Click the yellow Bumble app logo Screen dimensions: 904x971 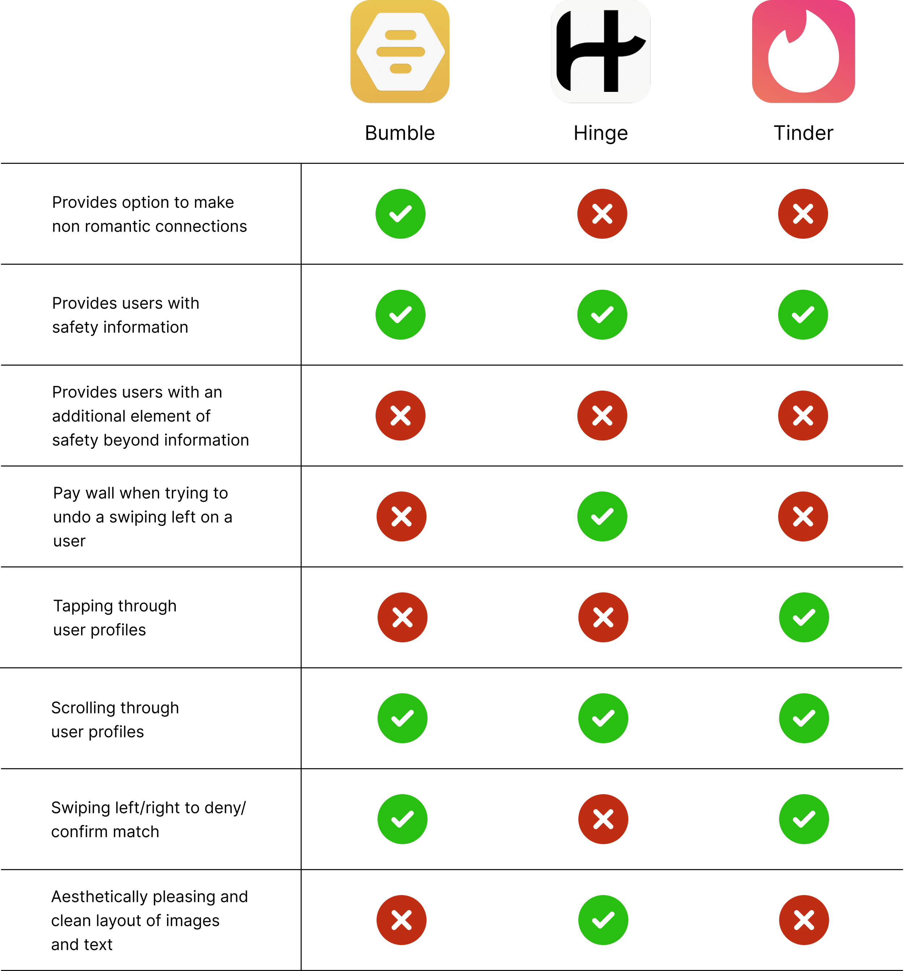click(400, 51)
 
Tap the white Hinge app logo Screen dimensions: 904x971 click(601, 51)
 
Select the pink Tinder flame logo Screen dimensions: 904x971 click(803, 51)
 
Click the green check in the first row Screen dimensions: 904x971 click(401, 213)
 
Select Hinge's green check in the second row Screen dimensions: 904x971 click(602, 315)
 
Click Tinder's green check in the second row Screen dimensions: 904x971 click(803, 315)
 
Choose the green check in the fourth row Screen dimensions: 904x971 click(602, 516)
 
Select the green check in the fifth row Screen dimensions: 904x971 click(804, 617)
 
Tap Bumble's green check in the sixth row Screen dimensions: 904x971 click(402, 718)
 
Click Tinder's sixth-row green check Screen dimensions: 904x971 click(804, 718)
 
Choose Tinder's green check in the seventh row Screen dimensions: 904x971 click(804, 819)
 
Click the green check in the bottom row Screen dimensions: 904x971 click(603, 920)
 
